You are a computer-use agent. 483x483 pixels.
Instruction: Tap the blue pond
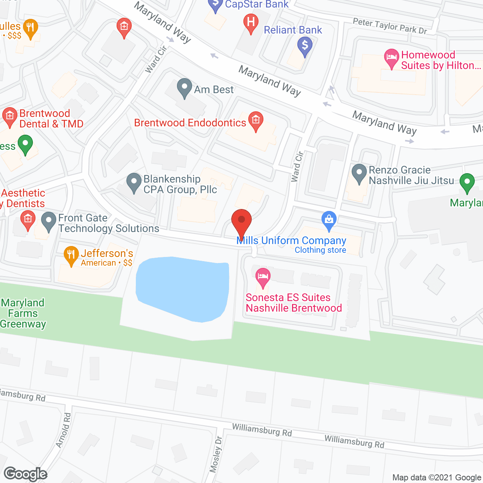183,288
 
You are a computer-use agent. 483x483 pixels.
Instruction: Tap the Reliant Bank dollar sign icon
305,46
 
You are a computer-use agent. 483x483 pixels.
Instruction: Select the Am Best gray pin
184,88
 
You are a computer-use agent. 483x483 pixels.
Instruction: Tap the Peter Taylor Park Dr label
389,26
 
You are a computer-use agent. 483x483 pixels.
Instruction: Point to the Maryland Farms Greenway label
23,313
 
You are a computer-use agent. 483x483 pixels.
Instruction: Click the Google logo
25,474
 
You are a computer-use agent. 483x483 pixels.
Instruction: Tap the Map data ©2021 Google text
437,477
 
